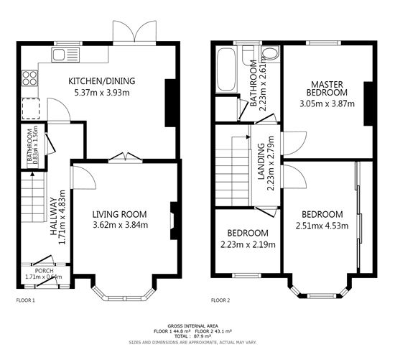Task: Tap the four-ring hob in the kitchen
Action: pyautogui.click(x=31, y=76)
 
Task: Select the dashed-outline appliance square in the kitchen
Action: pyautogui.click(x=30, y=107)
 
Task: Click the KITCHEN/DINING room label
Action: pyautogui.click(x=101, y=80)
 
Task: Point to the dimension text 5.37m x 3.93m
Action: pyautogui.click(x=101, y=92)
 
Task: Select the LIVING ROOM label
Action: pyautogui.click(x=120, y=213)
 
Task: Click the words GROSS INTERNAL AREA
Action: pyautogui.click(x=197, y=326)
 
